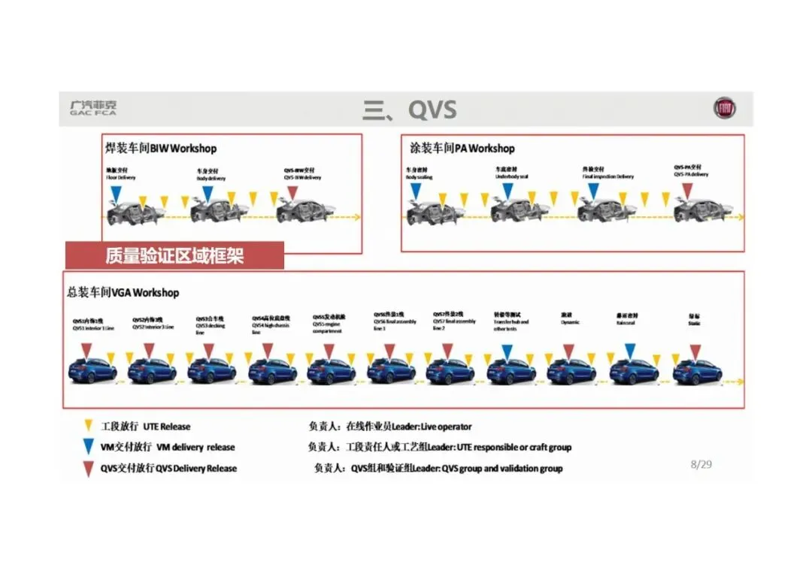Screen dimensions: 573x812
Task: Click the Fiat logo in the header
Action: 725,109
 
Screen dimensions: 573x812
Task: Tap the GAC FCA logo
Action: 92,108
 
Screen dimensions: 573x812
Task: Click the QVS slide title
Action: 410,110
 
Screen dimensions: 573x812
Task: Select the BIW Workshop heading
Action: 162,149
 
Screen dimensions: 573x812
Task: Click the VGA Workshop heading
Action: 123,292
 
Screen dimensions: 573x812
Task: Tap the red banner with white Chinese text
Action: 174,256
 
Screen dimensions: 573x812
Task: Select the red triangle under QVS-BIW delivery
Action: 292,193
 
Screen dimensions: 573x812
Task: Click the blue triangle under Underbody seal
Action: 507,192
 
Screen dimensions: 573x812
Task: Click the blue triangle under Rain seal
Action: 630,351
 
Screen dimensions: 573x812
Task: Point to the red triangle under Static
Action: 695,351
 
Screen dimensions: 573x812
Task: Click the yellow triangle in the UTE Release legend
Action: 89,426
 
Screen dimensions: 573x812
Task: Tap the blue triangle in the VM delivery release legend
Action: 89,447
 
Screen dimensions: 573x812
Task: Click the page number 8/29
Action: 701,464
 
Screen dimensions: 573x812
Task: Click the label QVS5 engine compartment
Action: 329,324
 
